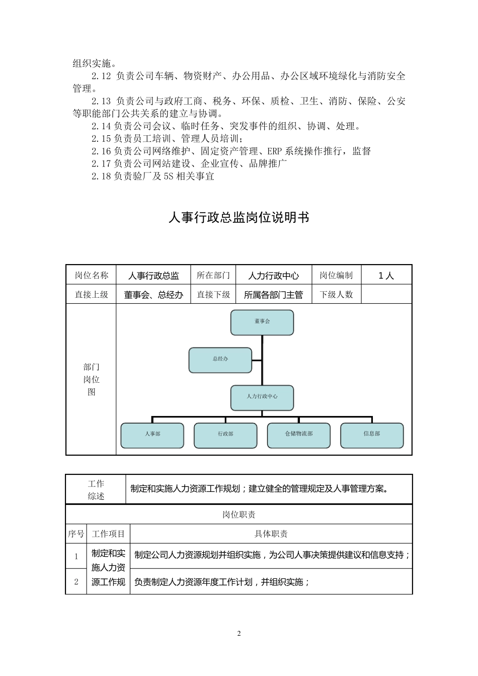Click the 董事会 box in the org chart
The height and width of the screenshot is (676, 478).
(x=262, y=322)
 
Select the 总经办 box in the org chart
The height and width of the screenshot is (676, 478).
(x=220, y=360)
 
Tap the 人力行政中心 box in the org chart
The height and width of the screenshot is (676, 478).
(x=262, y=397)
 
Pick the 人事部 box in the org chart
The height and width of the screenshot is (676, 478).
(x=152, y=435)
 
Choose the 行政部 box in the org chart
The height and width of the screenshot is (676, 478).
(x=225, y=435)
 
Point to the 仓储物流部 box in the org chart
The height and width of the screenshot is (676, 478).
(x=299, y=435)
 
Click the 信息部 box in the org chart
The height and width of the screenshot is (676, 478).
(x=372, y=435)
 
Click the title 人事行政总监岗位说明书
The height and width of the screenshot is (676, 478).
(x=238, y=218)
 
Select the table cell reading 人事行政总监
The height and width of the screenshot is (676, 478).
(x=153, y=276)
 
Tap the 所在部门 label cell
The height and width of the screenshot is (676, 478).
(x=213, y=276)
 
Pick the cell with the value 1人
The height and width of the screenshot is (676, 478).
(x=386, y=276)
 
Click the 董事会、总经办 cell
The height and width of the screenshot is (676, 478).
(x=153, y=295)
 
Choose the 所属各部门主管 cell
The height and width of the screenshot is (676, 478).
(x=273, y=295)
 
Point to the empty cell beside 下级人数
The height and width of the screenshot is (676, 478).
(x=386, y=295)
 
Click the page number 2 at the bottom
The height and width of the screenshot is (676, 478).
(x=239, y=633)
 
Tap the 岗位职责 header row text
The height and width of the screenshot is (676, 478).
(x=239, y=515)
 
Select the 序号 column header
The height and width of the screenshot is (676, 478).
(x=76, y=534)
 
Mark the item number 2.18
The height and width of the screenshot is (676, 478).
(x=101, y=177)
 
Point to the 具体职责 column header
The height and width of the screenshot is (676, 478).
(x=271, y=534)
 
